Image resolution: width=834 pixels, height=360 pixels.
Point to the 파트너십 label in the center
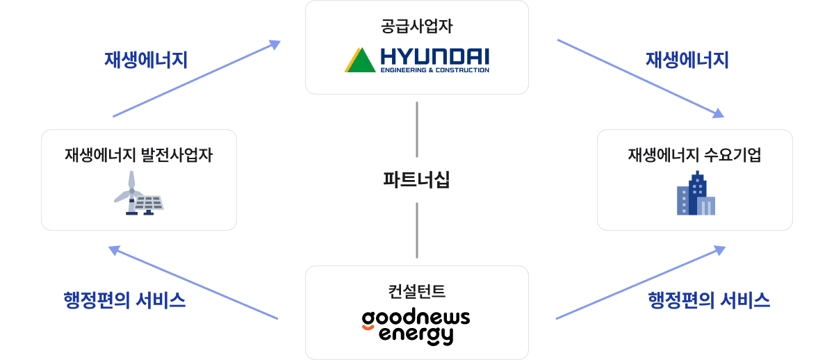click(x=417, y=180)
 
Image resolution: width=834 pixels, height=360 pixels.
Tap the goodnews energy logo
click(x=416, y=327)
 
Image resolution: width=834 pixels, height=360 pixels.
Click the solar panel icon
click(x=149, y=203)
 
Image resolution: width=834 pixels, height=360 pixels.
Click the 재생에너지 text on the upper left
click(x=146, y=60)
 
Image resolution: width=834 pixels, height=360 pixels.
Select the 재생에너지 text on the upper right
click(x=687, y=60)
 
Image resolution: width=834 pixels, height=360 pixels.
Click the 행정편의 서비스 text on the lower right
click(x=708, y=300)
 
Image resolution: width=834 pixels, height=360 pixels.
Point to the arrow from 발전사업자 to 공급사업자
click(x=196, y=79)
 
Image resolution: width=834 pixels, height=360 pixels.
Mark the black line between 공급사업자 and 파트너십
click(x=417, y=129)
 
